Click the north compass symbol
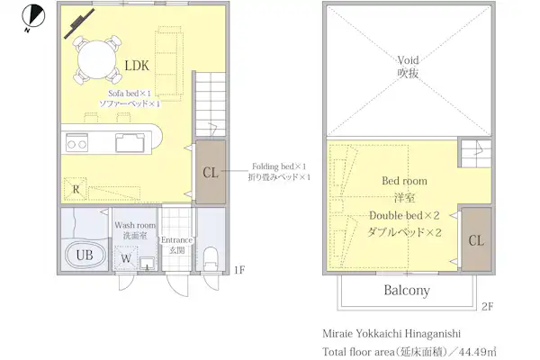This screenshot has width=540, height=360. tap(33, 16)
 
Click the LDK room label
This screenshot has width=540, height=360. tap(137, 66)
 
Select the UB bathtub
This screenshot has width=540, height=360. tap(85, 256)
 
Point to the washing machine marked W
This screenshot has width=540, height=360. tap(126, 258)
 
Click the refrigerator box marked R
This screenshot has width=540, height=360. tap(76, 189)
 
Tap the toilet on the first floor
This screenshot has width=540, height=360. tap(211, 258)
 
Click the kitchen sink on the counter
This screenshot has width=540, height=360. tap(130, 142)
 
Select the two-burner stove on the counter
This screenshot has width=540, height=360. tap(76, 144)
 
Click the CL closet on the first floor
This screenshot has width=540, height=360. tap(211, 172)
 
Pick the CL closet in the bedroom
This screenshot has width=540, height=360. tap(476, 239)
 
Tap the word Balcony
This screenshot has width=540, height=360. tap(407, 290)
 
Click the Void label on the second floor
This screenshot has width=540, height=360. tap(408, 60)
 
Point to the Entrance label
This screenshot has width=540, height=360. tap(176, 239)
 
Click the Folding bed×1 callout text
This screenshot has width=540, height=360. tap(279, 166)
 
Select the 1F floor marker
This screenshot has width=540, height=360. tap(239, 270)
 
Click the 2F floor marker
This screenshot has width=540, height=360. tap(487, 306)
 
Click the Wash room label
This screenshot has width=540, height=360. tap(135, 225)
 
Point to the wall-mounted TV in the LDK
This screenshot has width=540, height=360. tap(79, 23)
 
